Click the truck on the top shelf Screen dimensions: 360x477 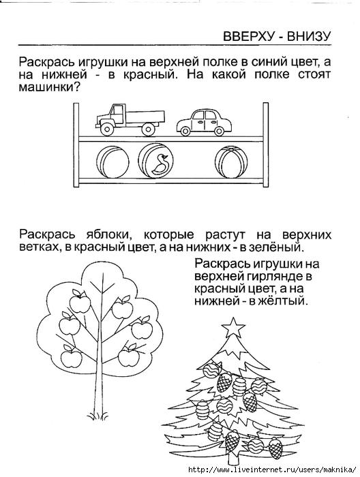pos(130,119)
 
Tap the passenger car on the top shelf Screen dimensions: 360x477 pos(204,122)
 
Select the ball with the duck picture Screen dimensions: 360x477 pos(156,160)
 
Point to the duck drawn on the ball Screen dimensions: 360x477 pos(160,164)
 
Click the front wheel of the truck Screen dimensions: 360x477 pos(107,129)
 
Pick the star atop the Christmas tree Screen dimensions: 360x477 pos(233,327)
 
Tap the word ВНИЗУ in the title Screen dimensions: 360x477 pos(308,37)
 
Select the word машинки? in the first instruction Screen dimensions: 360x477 pos(49,88)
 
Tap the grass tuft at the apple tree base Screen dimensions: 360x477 pos(98,416)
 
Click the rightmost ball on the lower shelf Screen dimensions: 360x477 pos(230,161)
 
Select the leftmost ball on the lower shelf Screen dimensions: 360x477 pos(112,162)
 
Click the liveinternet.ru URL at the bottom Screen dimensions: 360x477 pos(272,469)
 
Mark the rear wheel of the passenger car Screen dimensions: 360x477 pos(219,131)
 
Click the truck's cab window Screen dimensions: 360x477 pos(117,110)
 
